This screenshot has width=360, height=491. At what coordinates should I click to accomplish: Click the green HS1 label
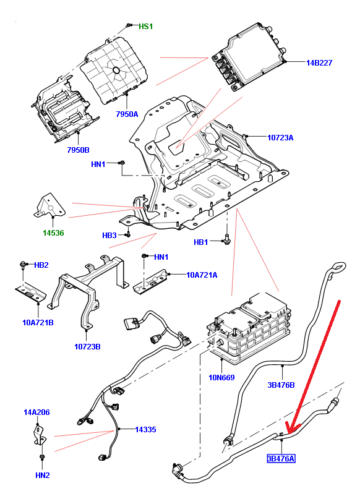coord(146,27)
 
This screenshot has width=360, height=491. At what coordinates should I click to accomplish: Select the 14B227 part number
coord(319,62)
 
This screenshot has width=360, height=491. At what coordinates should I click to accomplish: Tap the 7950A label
coord(127,114)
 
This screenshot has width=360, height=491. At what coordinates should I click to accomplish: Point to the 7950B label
coord(78,150)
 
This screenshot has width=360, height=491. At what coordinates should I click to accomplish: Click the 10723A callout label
coord(280,137)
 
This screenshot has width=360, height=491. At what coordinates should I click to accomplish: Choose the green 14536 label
coord(53,233)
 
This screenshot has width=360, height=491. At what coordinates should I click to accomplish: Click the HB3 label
coord(109,235)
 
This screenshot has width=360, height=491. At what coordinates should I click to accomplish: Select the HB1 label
coord(201,242)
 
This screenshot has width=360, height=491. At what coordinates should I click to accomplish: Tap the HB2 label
coord(41,265)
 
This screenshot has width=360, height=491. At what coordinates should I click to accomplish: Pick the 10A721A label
coord(202,275)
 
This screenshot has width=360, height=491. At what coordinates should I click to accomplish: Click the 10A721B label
coord(38,322)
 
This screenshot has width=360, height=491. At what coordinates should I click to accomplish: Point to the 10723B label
coord(87,347)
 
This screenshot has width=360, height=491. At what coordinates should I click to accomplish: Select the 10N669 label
coord(221,377)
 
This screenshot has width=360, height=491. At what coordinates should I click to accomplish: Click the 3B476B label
coord(281,385)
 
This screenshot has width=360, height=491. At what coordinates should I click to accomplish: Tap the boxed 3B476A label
coord(281,459)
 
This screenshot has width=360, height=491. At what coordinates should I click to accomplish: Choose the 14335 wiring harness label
coord(145,429)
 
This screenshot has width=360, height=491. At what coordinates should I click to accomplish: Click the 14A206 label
coord(36,412)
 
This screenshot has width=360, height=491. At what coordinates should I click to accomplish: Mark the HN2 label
coord(43,475)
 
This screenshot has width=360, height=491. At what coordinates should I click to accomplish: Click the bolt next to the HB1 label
coord(227,239)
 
